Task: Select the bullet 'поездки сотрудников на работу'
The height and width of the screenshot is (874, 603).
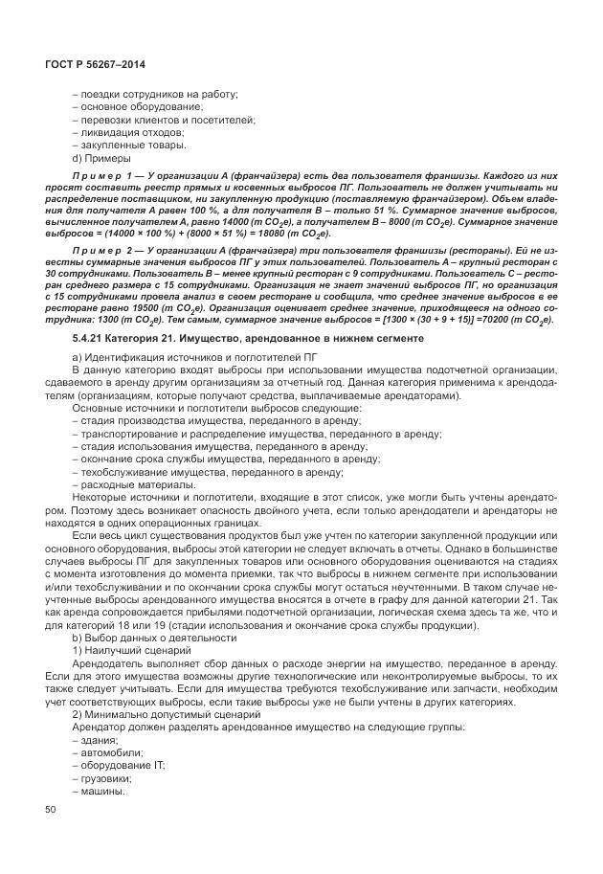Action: click(155, 93)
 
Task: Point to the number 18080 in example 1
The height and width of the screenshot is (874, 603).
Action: click(268, 232)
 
